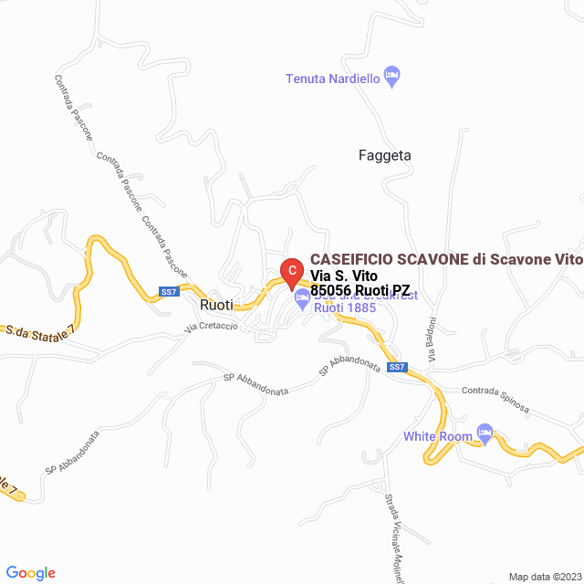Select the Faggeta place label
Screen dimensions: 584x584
click(384, 155)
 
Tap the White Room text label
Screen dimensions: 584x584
click(438, 436)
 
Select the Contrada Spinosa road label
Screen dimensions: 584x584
click(495, 398)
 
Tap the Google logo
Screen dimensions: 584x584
click(30, 572)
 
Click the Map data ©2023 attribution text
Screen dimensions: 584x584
click(544, 577)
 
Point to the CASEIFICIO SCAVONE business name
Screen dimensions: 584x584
click(445, 260)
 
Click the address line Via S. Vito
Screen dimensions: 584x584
click(344, 276)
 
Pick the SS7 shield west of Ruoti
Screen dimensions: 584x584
click(168, 292)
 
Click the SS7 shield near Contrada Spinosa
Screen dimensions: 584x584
click(396, 368)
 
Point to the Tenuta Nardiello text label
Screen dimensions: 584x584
click(332, 78)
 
